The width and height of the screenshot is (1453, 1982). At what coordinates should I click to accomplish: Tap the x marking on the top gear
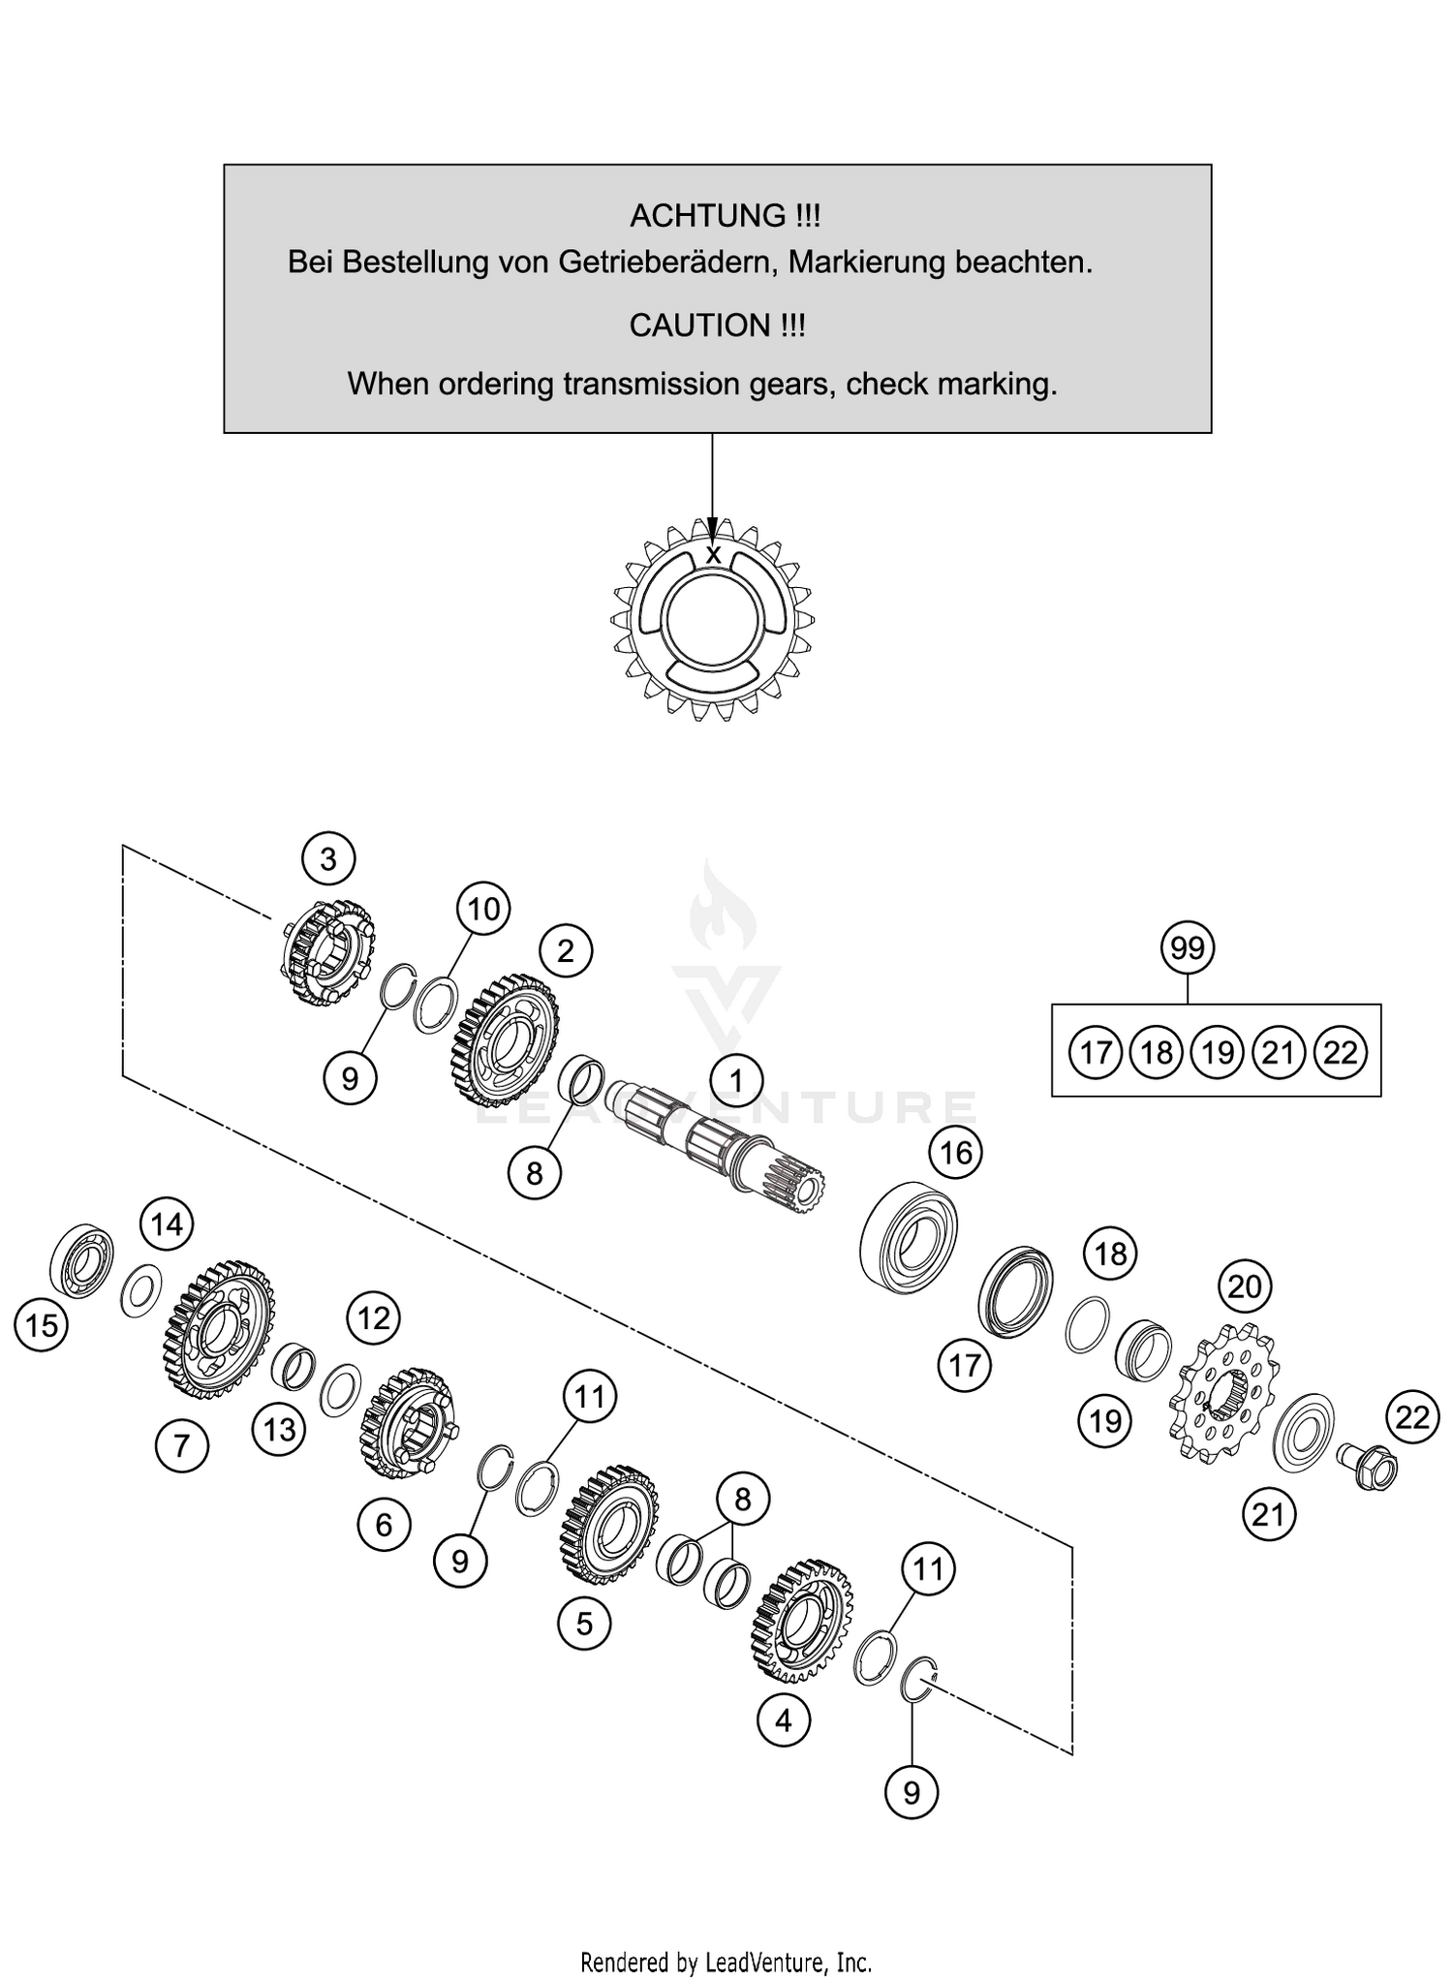[713, 555]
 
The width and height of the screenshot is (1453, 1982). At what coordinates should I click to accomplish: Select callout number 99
[1188, 948]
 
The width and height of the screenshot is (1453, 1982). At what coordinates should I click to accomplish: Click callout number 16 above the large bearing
[956, 1153]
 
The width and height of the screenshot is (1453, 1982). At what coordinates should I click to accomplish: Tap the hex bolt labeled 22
[1368, 1467]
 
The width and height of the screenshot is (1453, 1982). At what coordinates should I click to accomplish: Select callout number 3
[328, 859]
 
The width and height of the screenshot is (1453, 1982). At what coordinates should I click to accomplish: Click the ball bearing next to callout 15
[82, 1260]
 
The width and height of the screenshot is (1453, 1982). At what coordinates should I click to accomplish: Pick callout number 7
[181, 1446]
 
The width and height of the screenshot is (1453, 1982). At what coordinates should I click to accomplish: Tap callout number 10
[483, 909]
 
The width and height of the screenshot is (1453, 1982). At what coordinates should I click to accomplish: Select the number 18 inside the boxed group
[1157, 1052]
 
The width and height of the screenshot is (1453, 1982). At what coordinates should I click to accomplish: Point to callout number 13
[280, 1429]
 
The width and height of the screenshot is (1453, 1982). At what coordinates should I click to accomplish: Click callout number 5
[584, 1623]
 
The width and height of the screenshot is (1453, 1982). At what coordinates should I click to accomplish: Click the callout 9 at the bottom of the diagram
[912, 1793]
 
